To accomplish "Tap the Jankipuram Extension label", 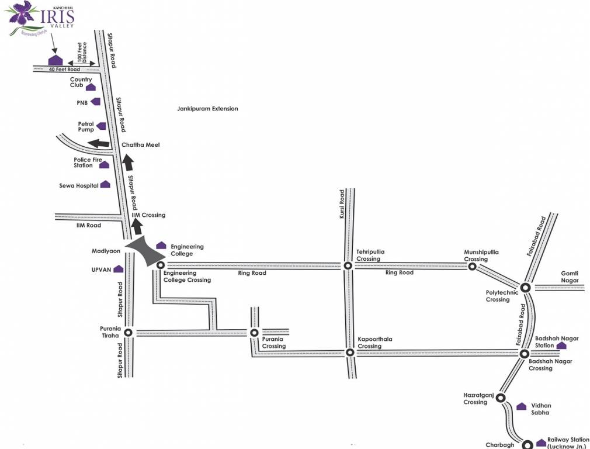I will point(207,109).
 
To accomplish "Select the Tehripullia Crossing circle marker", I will point(348,265).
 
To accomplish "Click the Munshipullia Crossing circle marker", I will point(472,267).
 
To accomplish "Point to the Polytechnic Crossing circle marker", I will point(525,287).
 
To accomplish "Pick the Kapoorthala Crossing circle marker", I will point(349,353).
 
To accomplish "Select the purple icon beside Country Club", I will point(91,87).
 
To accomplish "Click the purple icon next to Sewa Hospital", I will point(105,184).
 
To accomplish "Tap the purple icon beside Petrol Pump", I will point(102,126).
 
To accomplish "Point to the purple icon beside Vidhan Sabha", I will point(522,406).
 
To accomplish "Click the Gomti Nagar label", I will point(570,277).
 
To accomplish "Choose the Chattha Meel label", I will point(140,145).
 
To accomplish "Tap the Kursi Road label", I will point(342,205).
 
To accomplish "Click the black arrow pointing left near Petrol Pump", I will point(98,144).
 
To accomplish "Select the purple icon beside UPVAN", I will point(118,269).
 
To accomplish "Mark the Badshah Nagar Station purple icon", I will point(561,346).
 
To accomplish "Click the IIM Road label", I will point(89,225).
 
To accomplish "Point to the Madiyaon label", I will point(106,251).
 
